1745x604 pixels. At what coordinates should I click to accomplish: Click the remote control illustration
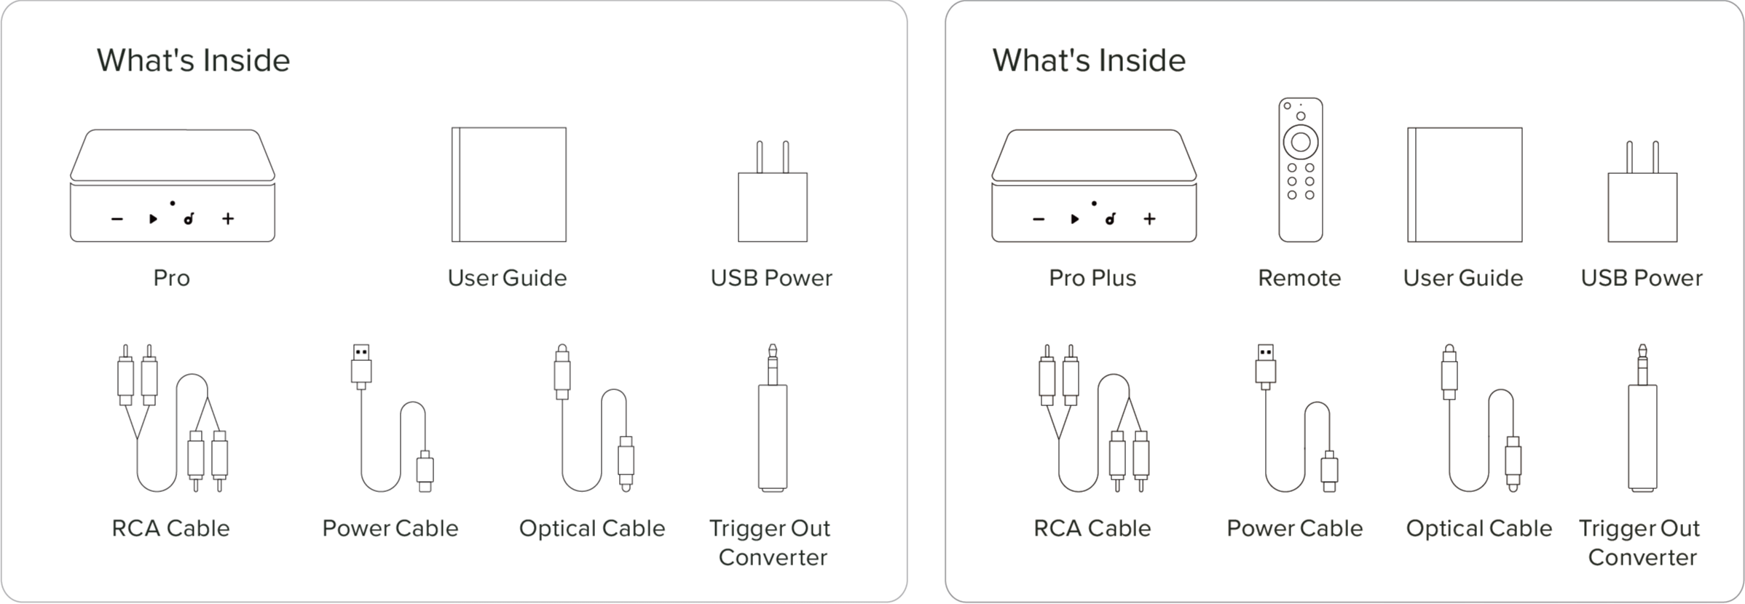pyautogui.click(x=1300, y=170)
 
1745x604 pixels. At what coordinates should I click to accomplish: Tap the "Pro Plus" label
pyautogui.click(x=1092, y=278)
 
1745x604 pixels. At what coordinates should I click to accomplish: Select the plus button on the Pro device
pyautogui.click(x=228, y=218)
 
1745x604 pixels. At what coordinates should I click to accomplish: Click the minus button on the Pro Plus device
pyautogui.click(x=1039, y=219)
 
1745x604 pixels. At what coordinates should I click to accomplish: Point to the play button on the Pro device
pyautogui.click(x=153, y=218)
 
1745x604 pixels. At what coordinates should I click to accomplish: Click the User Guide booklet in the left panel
pyautogui.click(x=508, y=184)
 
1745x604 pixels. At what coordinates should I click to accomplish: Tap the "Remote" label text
pyautogui.click(x=1299, y=278)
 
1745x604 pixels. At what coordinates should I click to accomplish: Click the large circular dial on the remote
pyautogui.click(x=1300, y=141)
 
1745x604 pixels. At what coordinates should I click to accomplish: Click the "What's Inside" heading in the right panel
pyautogui.click(x=1088, y=60)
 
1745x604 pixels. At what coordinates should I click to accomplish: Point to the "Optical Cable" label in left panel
pyautogui.click(x=591, y=528)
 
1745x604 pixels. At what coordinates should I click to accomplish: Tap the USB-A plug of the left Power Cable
pyautogui.click(x=361, y=362)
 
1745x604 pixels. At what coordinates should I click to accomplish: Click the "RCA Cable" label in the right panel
pyautogui.click(x=1092, y=528)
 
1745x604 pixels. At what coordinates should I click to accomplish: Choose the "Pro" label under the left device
pyautogui.click(x=171, y=278)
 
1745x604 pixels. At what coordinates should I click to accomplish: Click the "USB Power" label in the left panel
pyautogui.click(x=771, y=278)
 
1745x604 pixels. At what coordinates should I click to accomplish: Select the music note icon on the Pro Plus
pyautogui.click(x=1110, y=218)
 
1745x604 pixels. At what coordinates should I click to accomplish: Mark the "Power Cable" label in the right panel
pyautogui.click(x=1294, y=528)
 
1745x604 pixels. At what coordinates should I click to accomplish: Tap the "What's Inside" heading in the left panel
pyautogui.click(x=193, y=60)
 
